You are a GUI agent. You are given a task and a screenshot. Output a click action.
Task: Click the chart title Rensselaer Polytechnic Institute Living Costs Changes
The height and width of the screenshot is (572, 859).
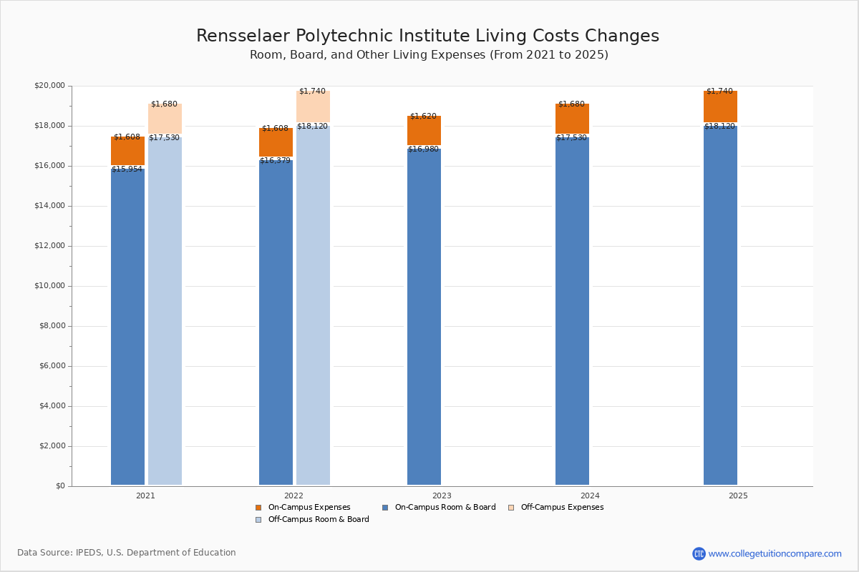[x=427, y=36]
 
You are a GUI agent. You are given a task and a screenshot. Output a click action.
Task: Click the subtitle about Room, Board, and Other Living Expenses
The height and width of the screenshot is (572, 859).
[x=429, y=55]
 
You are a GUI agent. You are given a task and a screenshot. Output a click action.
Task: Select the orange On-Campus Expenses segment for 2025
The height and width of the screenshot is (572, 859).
[x=720, y=107]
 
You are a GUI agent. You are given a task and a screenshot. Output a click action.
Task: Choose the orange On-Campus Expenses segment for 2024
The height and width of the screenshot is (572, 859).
[x=572, y=119]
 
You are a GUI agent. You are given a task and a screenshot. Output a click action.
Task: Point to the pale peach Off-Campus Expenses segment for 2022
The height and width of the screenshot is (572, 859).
[x=313, y=107]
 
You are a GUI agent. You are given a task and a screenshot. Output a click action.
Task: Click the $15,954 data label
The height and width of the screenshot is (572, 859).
[x=127, y=169]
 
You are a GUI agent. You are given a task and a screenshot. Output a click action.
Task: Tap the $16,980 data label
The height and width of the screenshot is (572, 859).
[x=423, y=149]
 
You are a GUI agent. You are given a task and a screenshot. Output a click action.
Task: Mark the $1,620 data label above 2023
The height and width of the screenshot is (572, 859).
[x=423, y=117]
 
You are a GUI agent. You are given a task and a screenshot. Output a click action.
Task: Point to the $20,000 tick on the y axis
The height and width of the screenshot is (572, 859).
[x=49, y=86]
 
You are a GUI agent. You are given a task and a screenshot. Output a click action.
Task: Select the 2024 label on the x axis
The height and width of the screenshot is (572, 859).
[x=590, y=495]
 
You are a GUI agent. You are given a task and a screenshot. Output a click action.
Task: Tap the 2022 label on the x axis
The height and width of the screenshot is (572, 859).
[x=293, y=495]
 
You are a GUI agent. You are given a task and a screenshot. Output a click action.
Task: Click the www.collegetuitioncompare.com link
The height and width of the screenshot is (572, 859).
[x=775, y=553]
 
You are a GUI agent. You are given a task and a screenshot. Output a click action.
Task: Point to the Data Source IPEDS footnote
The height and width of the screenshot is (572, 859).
[x=127, y=553]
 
